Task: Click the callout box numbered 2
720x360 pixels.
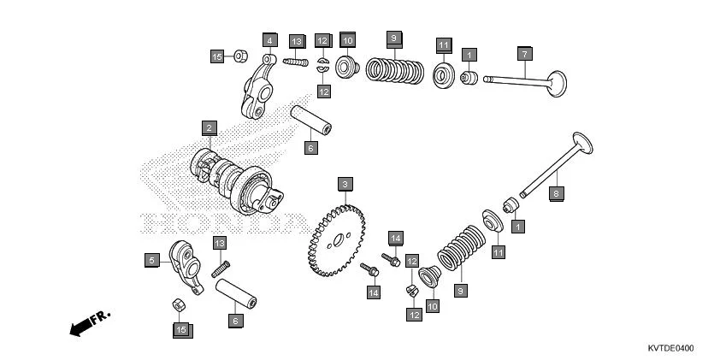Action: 208,128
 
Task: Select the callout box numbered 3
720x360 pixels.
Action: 344,184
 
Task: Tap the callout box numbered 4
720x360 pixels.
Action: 269,40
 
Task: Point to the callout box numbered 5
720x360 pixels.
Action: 150,260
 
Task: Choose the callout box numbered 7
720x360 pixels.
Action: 523,54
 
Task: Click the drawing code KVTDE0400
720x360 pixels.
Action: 670,348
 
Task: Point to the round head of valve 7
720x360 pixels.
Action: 557,83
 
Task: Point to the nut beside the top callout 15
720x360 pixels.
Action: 240,56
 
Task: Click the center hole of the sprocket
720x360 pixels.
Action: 339,239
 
